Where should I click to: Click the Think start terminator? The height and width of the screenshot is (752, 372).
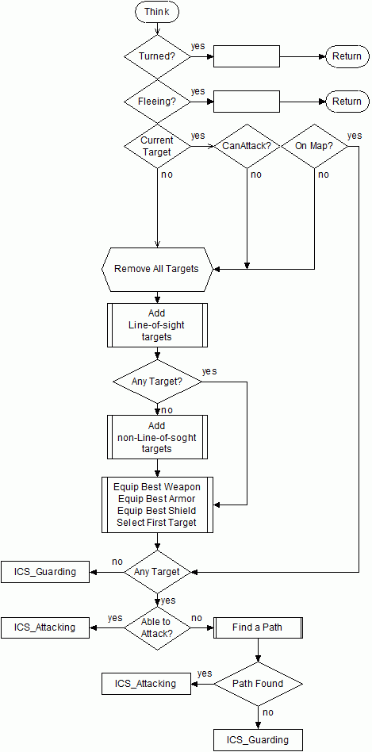point(157,11)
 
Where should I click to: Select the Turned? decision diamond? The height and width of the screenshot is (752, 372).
point(157,56)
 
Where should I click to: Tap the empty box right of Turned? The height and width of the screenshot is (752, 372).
point(247,56)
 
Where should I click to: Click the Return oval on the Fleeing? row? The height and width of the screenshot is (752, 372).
point(347,102)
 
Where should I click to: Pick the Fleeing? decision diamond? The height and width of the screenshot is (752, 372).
point(157,102)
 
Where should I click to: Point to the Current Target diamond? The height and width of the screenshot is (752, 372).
point(157,146)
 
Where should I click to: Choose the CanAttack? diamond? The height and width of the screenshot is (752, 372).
point(247,146)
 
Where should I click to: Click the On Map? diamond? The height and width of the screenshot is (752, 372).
point(314,146)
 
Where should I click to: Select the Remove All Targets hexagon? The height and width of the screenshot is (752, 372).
point(157,269)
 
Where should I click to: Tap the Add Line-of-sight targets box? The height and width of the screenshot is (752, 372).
point(157,325)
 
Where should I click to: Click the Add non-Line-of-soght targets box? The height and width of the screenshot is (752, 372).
point(157,437)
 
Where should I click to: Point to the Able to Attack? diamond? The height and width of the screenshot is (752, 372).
point(157,627)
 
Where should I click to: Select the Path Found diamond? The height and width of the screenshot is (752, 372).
point(259,684)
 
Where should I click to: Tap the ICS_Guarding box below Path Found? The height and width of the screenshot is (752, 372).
point(259,739)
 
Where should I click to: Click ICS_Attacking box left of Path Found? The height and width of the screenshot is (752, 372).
point(146,684)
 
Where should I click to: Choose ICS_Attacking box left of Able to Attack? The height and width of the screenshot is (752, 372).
point(45,627)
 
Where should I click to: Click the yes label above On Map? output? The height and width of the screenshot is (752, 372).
point(355,136)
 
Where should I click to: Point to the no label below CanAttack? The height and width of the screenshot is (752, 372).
point(256,174)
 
